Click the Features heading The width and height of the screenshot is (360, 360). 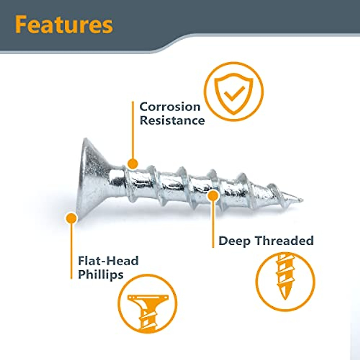pyautogui.click(x=64, y=25)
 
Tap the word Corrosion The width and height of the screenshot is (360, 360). pyautogui.click(x=170, y=107)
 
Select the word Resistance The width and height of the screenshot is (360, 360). pyautogui.click(x=172, y=121)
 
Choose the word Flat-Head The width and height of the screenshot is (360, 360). pyautogui.click(x=108, y=261)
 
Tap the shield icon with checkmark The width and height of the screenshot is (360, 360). pyautogui.click(x=234, y=94)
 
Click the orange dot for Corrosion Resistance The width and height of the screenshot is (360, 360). pyautogui.click(x=133, y=164)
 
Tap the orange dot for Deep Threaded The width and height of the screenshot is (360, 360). pyautogui.click(x=213, y=195)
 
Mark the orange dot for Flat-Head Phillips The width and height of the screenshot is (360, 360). pyautogui.click(x=71, y=218)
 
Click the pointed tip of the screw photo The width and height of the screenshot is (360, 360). pyautogui.click(x=303, y=200)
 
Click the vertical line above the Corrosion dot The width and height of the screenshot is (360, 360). pyautogui.click(x=133, y=130)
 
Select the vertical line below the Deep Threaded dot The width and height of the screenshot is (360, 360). pyautogui.click(x=213, y=224)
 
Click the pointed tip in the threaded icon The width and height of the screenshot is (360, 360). pyautogui.click(x=285, y=299)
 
